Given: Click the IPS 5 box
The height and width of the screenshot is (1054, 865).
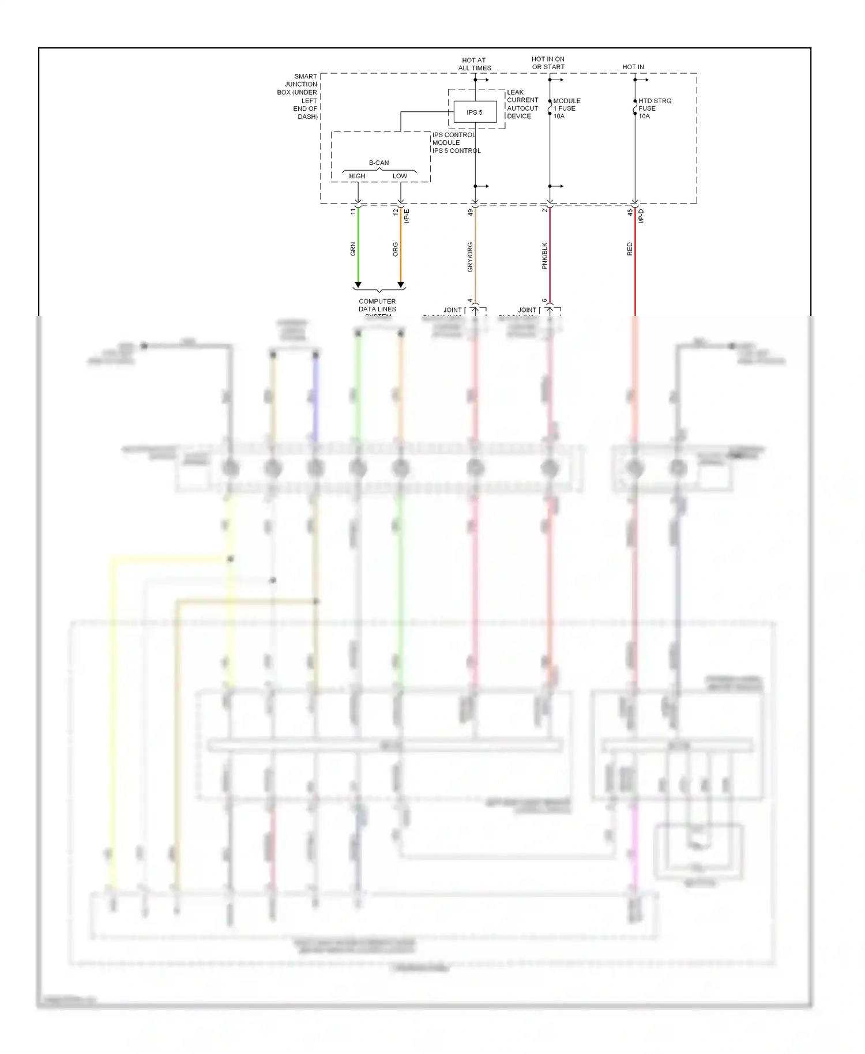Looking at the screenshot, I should click(475, 112).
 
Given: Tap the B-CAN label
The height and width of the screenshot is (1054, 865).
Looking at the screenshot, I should click(379, 163).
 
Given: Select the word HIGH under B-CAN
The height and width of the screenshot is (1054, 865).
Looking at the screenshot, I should click(357, 176).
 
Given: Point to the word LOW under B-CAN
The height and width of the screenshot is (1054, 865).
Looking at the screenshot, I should click(400, 176).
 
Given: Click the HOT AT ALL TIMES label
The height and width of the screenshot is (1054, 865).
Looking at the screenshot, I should click(474, 64).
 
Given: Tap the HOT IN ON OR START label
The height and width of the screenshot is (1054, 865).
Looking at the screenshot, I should click(548, 63).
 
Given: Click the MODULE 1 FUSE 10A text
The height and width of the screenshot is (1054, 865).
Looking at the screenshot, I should click(566, 108).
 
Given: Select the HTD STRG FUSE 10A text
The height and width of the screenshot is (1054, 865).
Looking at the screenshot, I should click(654, 108).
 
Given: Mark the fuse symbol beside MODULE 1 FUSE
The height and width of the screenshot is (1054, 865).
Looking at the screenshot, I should click(550, 108).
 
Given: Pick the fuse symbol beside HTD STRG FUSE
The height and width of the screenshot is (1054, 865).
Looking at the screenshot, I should click(635, 108).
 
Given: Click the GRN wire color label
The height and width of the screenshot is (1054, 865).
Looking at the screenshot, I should click(353, 249).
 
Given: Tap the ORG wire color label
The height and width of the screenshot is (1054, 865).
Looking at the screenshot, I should click(396, 249).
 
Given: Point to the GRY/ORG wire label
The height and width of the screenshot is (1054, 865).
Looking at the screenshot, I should click(470, 257).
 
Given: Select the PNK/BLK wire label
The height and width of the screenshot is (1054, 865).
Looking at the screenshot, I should click(545, 256).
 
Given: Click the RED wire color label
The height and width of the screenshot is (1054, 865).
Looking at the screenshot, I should click(630, 249).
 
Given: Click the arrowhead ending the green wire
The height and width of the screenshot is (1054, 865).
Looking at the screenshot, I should click(358, 285).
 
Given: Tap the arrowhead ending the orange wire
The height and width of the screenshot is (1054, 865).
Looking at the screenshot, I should click(401, 285).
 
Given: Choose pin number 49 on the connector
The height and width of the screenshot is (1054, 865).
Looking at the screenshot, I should click(471, 212).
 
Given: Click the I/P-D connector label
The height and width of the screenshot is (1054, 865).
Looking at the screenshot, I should click(641, 216).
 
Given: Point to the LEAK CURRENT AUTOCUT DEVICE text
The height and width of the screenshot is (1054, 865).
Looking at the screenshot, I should click(522, 104).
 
